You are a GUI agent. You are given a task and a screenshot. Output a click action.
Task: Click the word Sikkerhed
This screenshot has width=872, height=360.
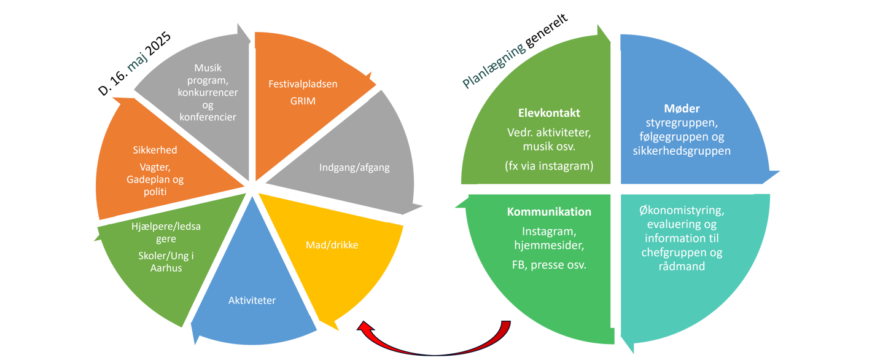point(155,150)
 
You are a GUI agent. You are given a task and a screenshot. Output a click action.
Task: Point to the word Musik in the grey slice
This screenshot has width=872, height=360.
point(208,68)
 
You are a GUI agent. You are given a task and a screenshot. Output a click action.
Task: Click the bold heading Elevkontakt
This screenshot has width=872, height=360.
point(549,114)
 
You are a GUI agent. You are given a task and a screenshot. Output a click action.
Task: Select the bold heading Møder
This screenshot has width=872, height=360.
point(682,109)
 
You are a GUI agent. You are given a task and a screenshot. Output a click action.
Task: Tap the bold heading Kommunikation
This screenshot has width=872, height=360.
point(549,212)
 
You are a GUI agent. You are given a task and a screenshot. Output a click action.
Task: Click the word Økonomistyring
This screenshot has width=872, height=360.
point(682,211)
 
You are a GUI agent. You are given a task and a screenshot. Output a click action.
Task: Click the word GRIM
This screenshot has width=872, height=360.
point(303,101)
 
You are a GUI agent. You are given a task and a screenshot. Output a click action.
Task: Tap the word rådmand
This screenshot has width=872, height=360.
point(682,267)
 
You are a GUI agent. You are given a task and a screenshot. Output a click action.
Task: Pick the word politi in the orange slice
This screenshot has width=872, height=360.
point(155,192)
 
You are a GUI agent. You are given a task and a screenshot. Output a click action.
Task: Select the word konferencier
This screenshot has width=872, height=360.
point(208,117)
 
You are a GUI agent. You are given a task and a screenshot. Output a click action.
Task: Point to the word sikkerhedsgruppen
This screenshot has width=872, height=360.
point(682,151)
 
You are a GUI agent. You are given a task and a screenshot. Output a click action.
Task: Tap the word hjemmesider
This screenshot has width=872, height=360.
point(549,245)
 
